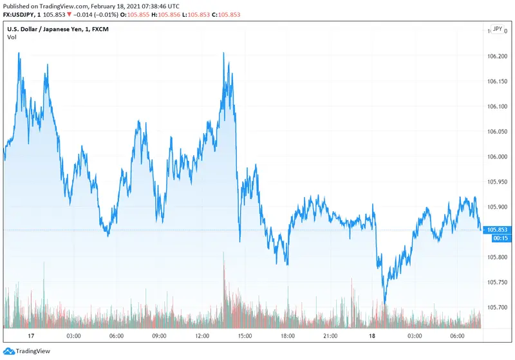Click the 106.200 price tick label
pyautogui.click(x=499, y=56)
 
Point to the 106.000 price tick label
pyautogui.click(x=499, y=156)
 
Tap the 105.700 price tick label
pyautogui.click(x=499, y=307)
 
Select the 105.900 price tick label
pyautogui.click(x=499, y=207)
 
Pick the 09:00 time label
pyautogui.click(x=159, y=336)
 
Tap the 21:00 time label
pyautogui.click(x=330, y=336)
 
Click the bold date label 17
pyautogui.click(x=30, y=336)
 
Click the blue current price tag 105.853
pyautogui.click(x=499, y=230)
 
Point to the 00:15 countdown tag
pyautogui.click(x=499, y=238)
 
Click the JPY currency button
pyautogui.click(x=497, y=29)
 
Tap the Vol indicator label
pyautogui.click(x=12, y=37)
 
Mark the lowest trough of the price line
pyautogui.click(x=384, y=303)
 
